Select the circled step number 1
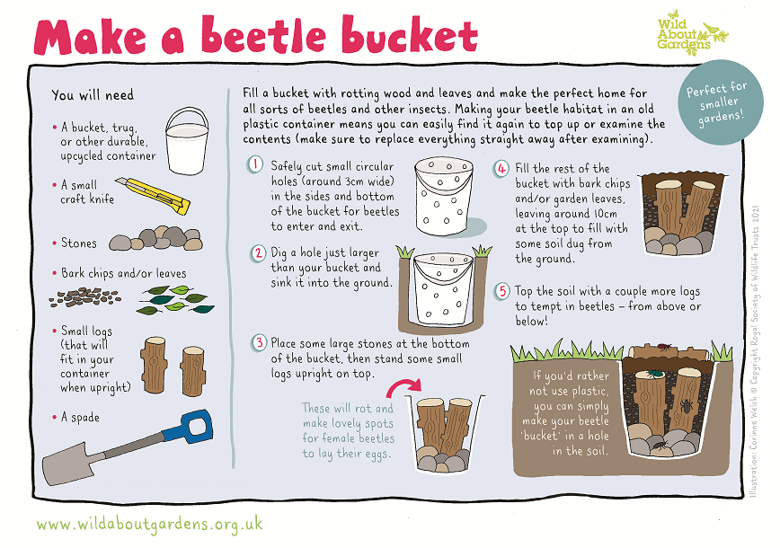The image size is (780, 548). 257,165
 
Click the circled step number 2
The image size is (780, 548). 258,252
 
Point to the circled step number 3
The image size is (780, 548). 259,342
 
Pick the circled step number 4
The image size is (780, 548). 501,169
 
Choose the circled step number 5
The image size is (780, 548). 501,291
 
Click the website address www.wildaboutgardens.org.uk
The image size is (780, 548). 150,522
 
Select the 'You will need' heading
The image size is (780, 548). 93,94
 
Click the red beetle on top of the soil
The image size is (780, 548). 664,344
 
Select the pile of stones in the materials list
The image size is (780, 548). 155,242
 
